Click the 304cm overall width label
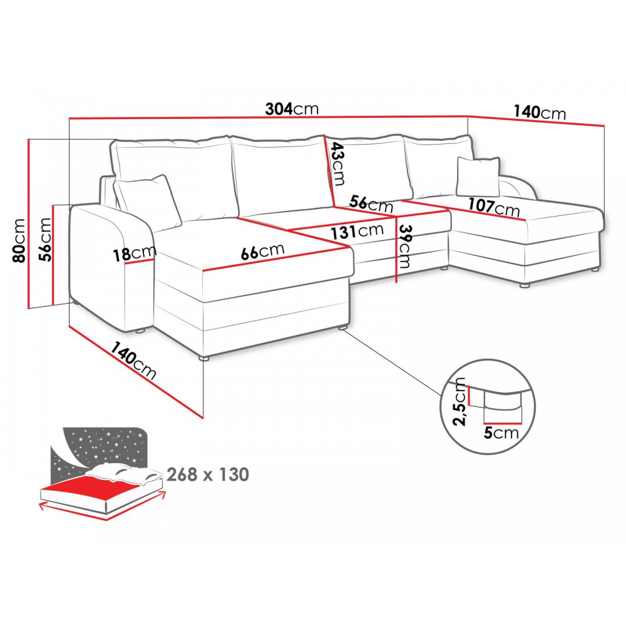pyautogui.click(x=292, y=109)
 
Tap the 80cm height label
pyautogui.click(x=20, y=241)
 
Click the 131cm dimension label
pyautogui.click(x=357, y=231)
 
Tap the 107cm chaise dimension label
pyautogui.click(x=494, y=205)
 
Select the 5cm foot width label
pyautogui.click(x=501, y=433)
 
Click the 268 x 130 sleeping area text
pyautogui.click(x=207, y=474)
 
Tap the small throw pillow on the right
pyautogui.click(x=479, y=175)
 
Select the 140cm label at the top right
pyautogui.click(x=540, y=113)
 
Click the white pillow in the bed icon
pyautogui.click(x=125, y=474)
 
